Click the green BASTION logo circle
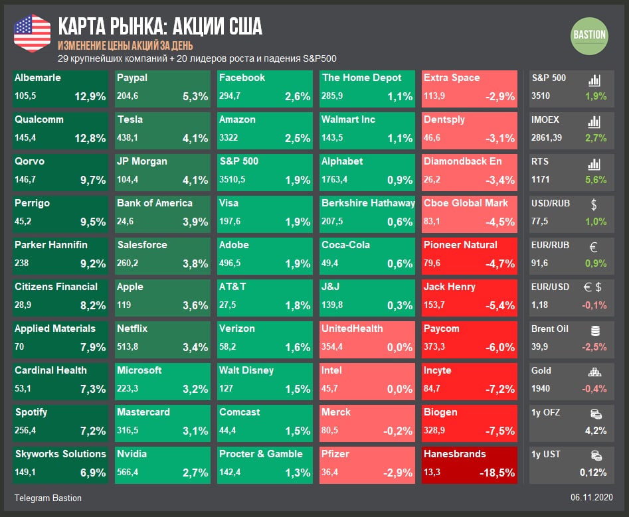[589, 36]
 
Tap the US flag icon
[32, 33]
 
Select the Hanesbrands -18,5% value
[497, 473]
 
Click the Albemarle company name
[38, 78]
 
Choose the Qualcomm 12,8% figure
[90, 138]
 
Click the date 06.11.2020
[591, 498]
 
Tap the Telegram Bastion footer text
[48, 498]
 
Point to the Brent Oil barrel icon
[594, 330]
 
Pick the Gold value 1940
[541, 389]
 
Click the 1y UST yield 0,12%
[592, 473]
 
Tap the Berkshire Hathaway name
[368, 203]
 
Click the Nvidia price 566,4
[128, 473]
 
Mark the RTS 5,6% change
[595, 180]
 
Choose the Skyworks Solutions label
[60, 454]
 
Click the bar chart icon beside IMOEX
[594, 122]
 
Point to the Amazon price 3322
[228, 138]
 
